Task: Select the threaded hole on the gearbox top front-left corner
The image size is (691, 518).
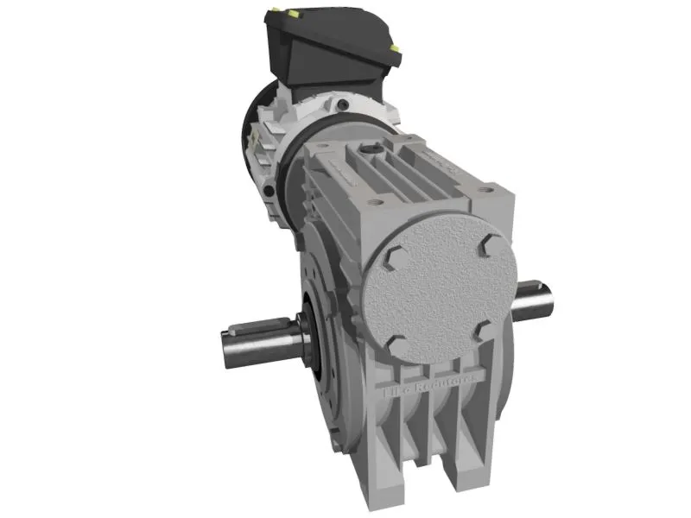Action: tap(373, 203)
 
